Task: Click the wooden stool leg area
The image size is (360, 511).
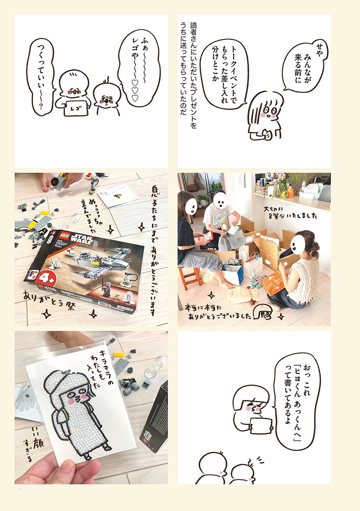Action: pos(189,277)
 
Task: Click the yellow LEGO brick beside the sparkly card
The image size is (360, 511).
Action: pos(119,355)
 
